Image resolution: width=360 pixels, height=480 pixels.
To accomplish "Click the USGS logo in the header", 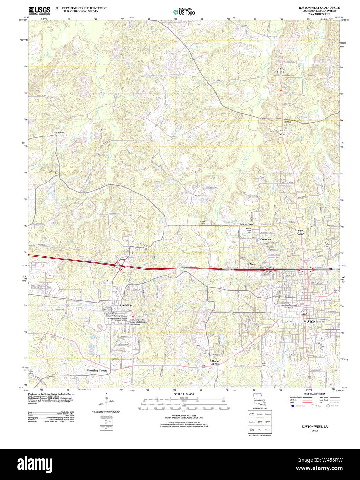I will [39, 10].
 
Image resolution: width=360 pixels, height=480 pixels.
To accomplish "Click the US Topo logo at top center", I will [184, 12].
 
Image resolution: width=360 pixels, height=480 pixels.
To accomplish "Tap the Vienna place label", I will [287, 122].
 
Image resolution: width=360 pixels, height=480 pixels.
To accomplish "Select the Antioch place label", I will [60, 132].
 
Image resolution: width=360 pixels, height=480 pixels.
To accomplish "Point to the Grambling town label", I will [125, 305].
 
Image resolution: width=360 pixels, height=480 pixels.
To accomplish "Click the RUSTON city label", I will [309, 321].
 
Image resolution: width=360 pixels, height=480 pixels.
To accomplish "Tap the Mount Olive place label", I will [247, 224].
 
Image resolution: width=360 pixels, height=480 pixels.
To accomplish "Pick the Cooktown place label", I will [266, 239].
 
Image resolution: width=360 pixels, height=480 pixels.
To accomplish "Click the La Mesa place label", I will [251, 264].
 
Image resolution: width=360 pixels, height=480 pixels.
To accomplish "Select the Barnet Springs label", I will [215, 362].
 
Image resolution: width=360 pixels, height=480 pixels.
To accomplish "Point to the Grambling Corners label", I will [97, 370].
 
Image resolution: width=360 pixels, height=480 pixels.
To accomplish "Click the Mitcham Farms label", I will [200, 196].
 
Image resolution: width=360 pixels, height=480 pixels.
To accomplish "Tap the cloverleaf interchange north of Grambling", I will [121, 263].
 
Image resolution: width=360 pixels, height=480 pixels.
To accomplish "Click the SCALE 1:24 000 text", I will [184, 394].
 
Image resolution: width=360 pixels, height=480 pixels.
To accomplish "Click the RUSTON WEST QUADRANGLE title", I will [319, 8].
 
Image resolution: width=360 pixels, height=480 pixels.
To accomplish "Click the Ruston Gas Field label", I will [287, 75].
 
